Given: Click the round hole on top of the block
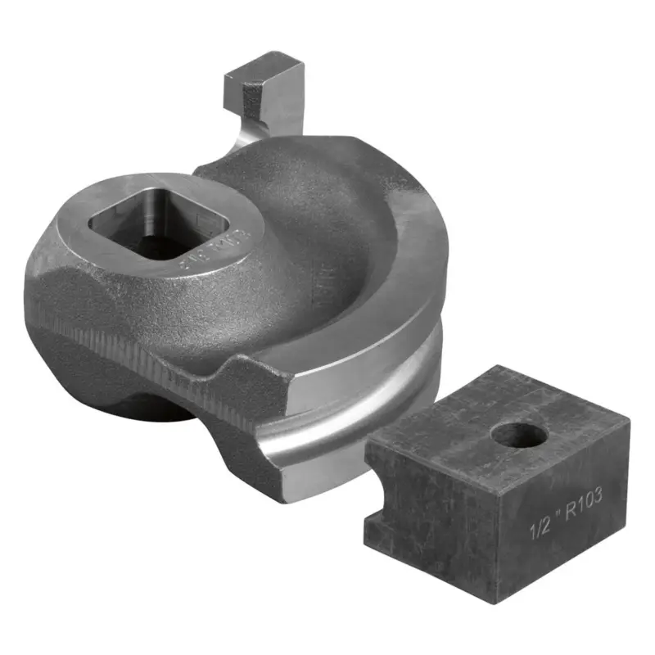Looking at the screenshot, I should click(x=520, y=434).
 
